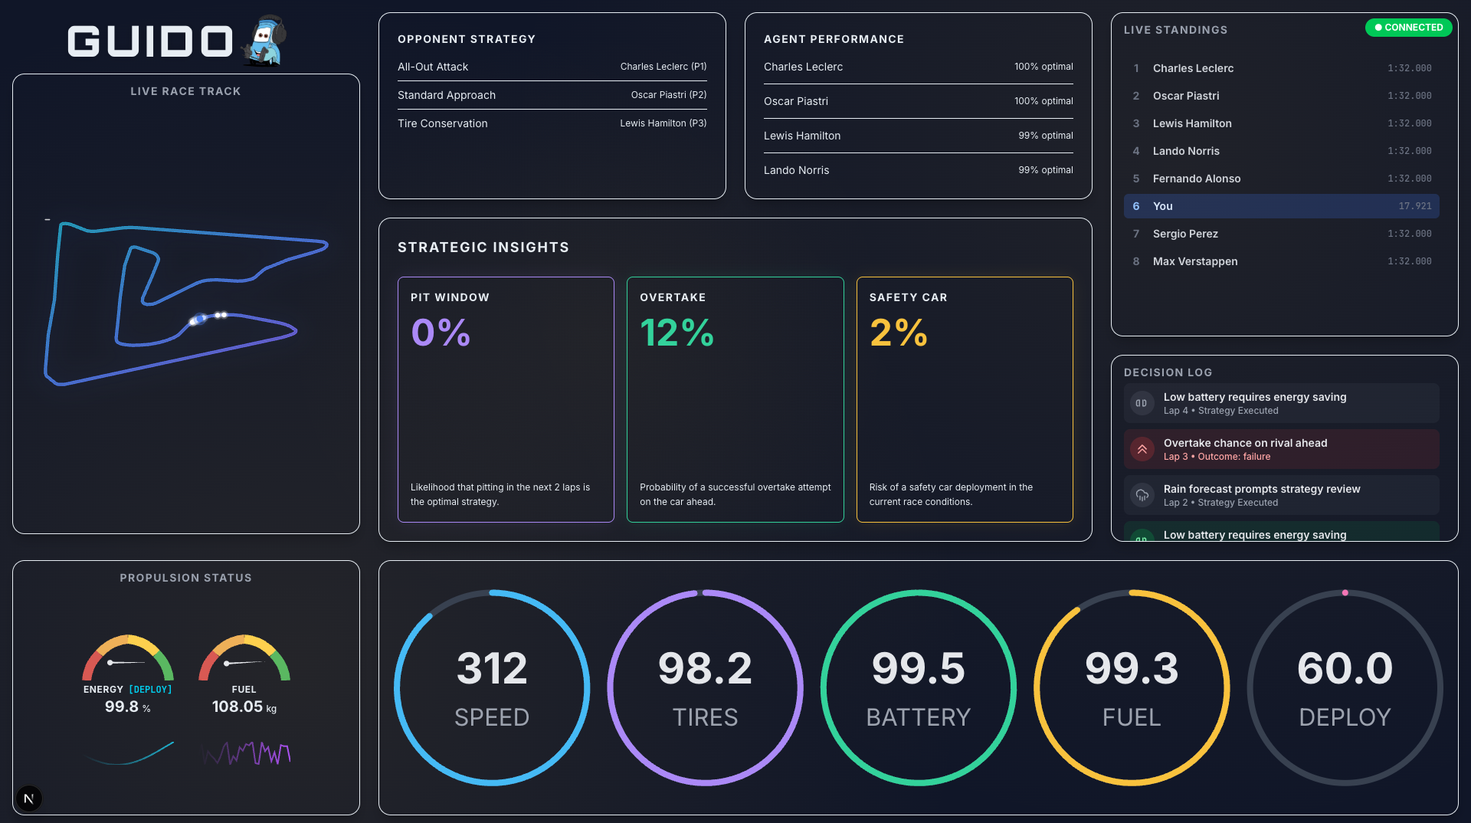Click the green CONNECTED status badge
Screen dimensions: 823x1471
coord(1408,28)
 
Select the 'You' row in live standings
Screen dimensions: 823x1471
coord(1281,206)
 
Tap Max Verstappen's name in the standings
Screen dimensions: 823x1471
coord(1194,261)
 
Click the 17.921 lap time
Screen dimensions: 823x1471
coord(1414,206)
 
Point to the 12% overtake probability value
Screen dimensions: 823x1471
coord(677,333)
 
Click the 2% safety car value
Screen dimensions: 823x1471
coord(898,333)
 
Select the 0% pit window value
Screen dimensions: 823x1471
coord(441,333)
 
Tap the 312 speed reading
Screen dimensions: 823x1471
coord(492,668)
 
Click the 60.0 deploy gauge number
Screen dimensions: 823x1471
coord(1345,668)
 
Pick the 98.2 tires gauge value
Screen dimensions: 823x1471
coord(705,668)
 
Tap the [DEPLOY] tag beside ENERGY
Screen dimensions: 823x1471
coord(150,690)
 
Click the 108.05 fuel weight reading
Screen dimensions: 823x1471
coord(238,707)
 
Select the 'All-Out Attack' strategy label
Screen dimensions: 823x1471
coord(433,67)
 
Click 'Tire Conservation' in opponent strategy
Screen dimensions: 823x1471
coord(442,123)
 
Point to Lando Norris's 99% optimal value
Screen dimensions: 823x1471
coord(1045,170)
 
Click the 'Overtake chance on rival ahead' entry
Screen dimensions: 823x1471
coord(1245,443)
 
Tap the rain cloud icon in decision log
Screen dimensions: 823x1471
coord(1142,495)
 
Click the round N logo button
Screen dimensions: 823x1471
coord(28,798)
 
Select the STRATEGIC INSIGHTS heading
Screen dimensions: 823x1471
coord(483,248)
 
